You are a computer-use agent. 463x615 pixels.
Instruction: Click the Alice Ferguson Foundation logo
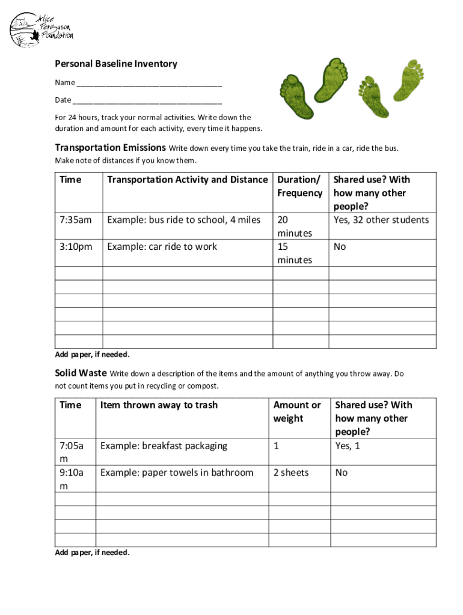(41, 29)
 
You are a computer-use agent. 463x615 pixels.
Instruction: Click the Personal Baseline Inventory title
(116, 64)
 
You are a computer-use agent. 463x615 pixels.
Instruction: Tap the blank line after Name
(149, 83)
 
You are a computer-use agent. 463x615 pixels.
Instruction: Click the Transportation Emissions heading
(110, 148)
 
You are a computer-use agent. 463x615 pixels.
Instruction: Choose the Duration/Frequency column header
(299, 186)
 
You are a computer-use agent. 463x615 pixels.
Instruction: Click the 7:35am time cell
(76, 220)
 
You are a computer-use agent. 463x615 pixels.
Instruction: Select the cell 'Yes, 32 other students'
(381, 220)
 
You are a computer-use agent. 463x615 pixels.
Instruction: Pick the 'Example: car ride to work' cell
(162, 247)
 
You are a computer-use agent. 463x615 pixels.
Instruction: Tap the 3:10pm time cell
(76, 247)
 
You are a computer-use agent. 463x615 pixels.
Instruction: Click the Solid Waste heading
(81, 374)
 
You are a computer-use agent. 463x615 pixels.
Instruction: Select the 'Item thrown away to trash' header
(159, 405)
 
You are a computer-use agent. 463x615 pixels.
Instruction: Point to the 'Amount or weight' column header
(297, 412)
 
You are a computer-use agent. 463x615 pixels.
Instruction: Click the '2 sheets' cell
(291, 473)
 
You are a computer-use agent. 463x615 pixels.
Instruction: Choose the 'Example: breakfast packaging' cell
(164, 446)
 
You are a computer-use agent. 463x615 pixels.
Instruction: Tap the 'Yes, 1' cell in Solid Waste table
(348, 446)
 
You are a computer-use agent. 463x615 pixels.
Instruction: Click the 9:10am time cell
(72, 479)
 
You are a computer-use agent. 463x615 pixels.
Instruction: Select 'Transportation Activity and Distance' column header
(187, 180)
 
